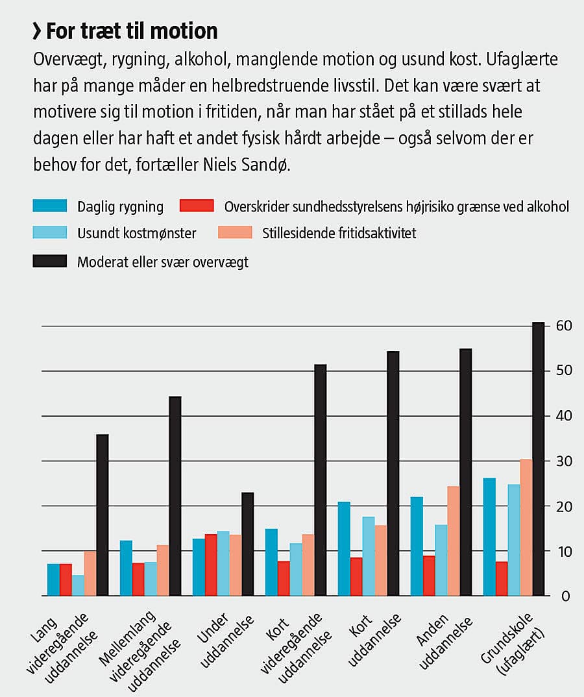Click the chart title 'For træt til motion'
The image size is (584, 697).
pyautogui.click(x=132, y=31)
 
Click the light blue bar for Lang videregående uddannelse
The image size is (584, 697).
pyautogui.click(x=78, y=585)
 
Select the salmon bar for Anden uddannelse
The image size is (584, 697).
pyautogui.click(x=453, y=541)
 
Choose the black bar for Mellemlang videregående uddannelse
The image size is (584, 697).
pyautogui.click(x=175, y=496)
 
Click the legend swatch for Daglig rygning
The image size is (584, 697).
pyautogui.click(x=50, y=206)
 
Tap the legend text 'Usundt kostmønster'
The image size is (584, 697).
pyautogui.click(x=136, y=233)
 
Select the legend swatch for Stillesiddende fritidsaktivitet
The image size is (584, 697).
pyautogui.click(x=232, y=233)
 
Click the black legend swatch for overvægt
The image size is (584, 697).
pyautogui.click(x=50, y=262)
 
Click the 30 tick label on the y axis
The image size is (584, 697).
pyautogui.click(x=563, y=461)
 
